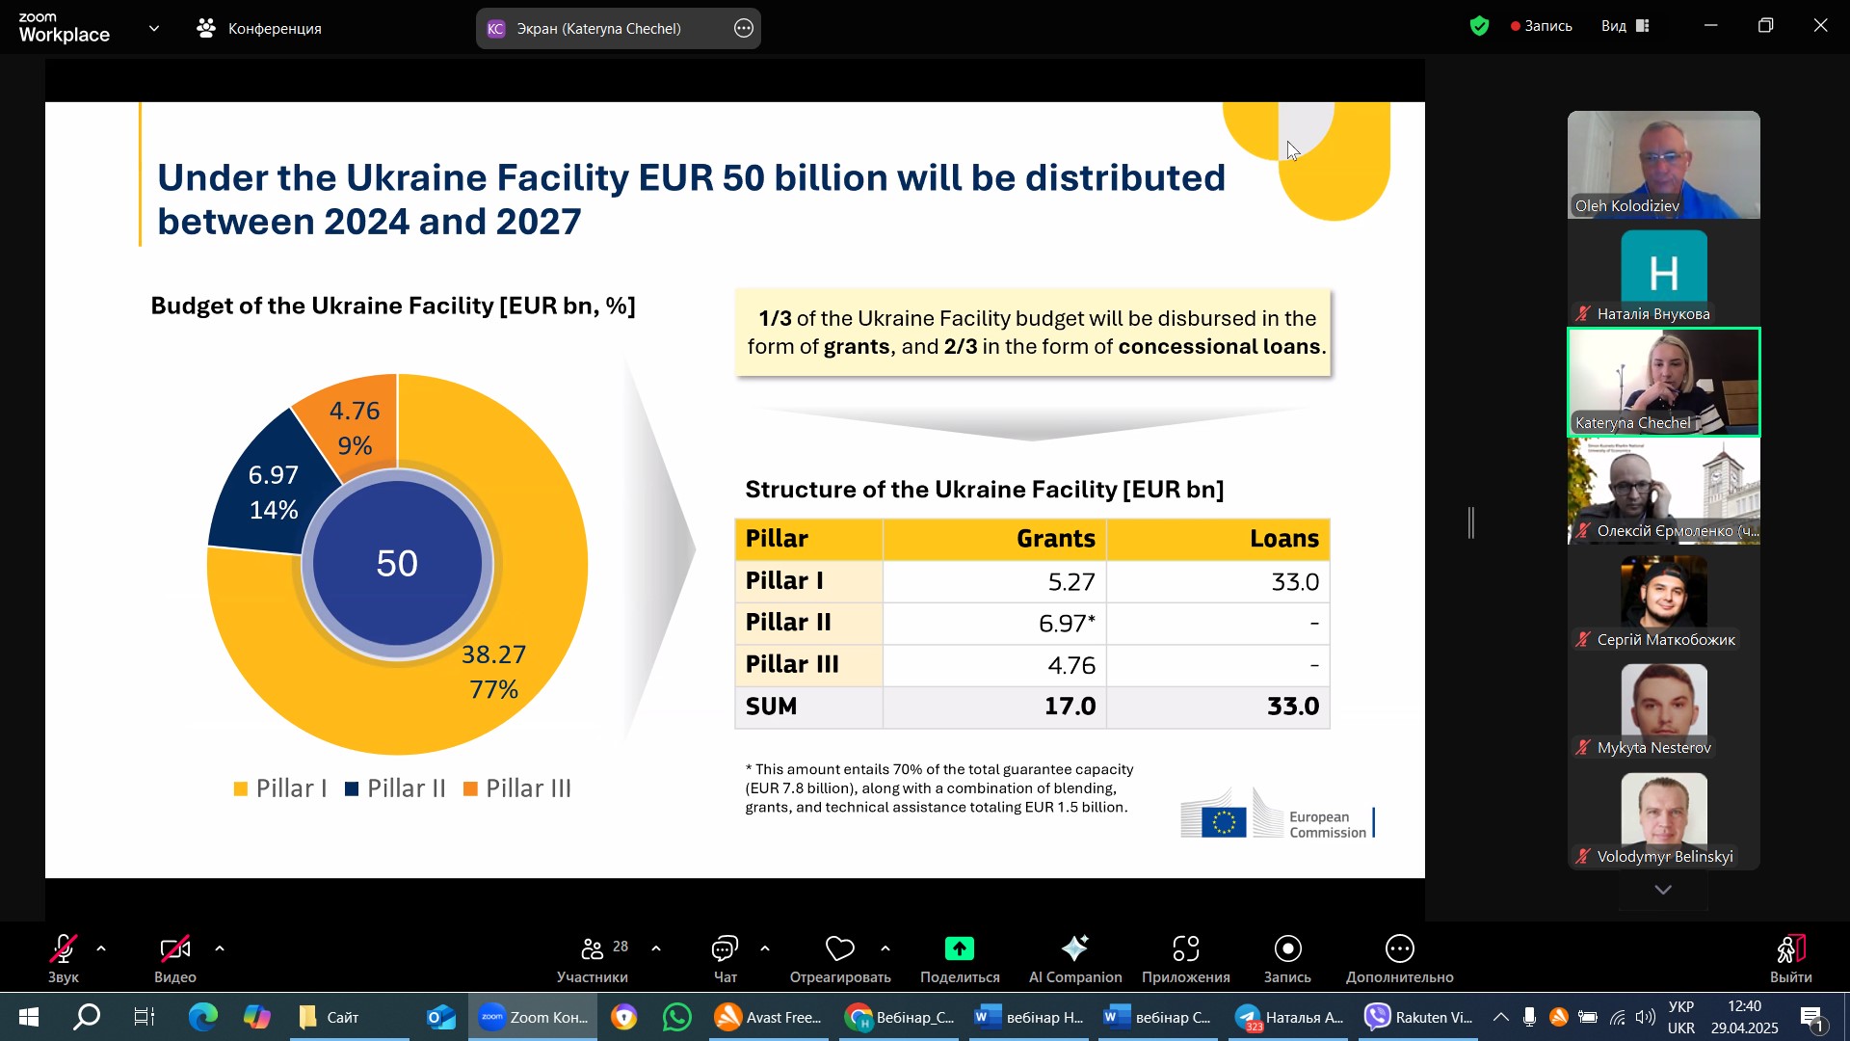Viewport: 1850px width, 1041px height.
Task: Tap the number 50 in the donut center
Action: click(397, 564)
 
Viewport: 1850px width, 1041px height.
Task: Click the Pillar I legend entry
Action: click(280, 788)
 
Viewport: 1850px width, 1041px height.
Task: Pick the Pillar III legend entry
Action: click(517, 788)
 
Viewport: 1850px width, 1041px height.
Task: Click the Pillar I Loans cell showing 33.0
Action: click(1218, 582)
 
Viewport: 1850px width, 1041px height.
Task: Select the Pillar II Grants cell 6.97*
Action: click(994, 624)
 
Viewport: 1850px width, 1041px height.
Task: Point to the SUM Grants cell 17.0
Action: click(994, 707)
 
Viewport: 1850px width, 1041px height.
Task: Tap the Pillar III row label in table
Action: click(792, 665)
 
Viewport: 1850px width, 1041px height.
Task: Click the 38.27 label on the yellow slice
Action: click(493, 654)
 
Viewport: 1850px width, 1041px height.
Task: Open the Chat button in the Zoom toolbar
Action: click(725, 958)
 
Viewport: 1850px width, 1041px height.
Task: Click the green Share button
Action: click(959, 958)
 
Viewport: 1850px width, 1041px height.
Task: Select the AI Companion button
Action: click(1074, 958)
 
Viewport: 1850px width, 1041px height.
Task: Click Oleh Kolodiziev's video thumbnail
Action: click(1663, 164)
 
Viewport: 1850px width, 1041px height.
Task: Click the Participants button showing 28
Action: click(593, 958)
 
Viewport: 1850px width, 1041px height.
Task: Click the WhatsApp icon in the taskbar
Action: click(677, 1017)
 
